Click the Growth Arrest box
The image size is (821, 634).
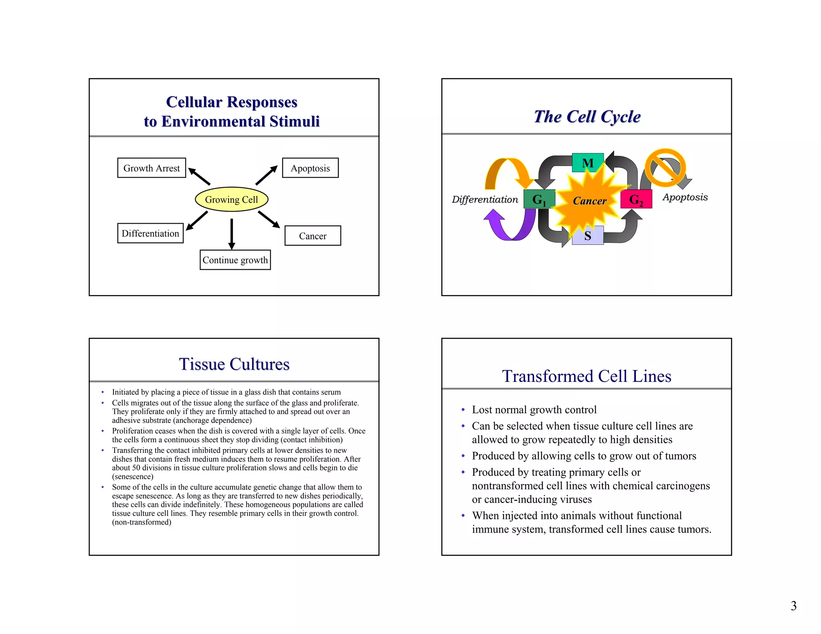152,168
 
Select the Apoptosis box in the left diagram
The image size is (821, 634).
310,168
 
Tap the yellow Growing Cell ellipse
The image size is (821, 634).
231,199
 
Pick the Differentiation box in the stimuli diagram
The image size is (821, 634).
150,233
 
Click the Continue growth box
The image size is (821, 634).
235,260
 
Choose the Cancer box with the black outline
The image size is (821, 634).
313,236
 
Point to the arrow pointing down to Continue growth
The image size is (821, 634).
231,234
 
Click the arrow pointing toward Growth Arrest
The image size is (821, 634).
199,176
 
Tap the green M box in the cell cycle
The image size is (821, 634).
588,162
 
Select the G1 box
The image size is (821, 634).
539,199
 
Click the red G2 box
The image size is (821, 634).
636,199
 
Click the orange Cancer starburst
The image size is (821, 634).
589,200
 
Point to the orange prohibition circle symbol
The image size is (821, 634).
665,168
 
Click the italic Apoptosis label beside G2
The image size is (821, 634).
685,197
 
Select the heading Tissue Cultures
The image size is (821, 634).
234,364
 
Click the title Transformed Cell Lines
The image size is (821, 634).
586,376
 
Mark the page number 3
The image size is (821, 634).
793,606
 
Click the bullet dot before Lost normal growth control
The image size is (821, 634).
463,410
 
